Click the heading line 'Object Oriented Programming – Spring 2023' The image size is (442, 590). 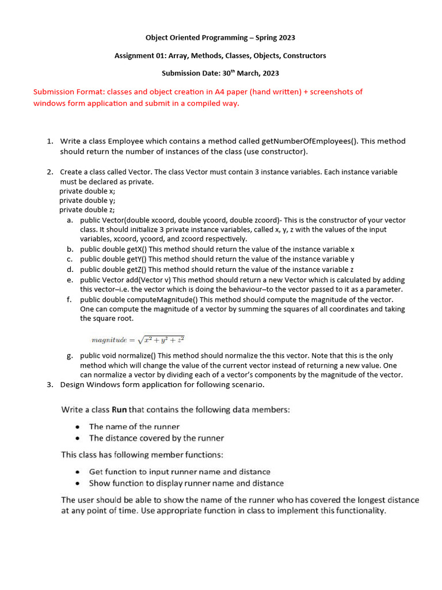(x=220, y=38)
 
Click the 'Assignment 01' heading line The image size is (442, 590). (x=220, y=56)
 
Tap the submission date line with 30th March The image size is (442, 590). (x=220, y=73)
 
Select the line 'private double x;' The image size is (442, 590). (x=87, y=191)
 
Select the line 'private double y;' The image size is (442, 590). (x=87, y=201)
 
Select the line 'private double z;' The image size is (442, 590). (x=87, y=210)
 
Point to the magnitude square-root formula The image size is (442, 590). (x=138, y=340)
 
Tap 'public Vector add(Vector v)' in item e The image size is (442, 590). (x=124, y=279)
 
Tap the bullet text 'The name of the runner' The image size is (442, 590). (x=134, y=427)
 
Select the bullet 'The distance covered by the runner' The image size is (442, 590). (x=156, y=438)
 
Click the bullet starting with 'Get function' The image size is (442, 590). (x=180, y=471)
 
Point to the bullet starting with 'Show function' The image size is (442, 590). (x=186, y=483)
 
